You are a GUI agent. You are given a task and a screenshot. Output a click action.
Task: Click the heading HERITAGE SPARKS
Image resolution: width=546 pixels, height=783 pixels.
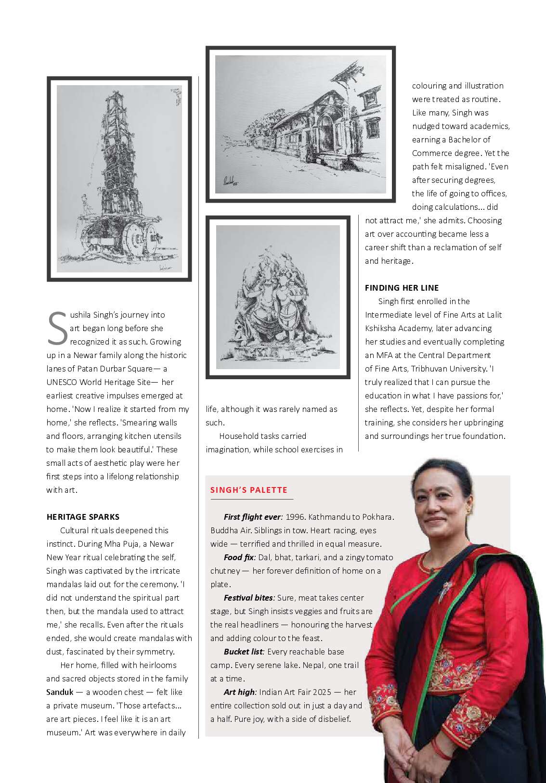click(x=83, y=517)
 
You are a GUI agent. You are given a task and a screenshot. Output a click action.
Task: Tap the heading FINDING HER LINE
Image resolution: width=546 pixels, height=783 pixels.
click(x=402, y=288)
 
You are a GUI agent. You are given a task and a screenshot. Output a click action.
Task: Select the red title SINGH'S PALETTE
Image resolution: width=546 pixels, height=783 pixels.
click(x=248, y=490)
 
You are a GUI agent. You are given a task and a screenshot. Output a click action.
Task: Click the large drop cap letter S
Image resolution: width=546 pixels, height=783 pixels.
click(x=57, y=328)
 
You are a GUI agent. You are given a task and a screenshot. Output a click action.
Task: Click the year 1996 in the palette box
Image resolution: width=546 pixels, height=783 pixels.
click(x=294, y=517)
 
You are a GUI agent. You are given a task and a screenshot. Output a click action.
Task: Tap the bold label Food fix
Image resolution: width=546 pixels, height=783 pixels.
click(x=239, y=557)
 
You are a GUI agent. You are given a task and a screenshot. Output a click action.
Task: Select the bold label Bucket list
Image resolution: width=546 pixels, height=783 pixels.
click(x=244, y=652)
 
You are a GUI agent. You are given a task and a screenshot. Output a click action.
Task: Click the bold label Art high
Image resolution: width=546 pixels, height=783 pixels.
click(x=240, y=692)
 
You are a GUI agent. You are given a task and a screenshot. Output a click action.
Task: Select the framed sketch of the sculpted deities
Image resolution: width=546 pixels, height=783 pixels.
click(x=278, y=297)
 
